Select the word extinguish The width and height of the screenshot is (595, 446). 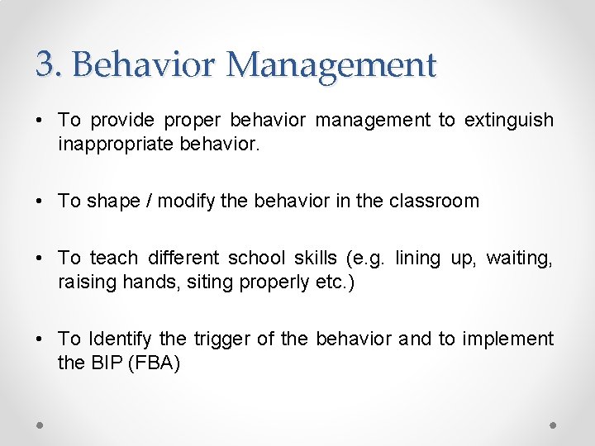click(x=508, y=121)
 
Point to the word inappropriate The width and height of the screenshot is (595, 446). click(x=116, y=144)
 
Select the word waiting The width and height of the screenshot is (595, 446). click(x=520, y=258)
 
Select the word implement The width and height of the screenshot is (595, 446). click(x=507, y=339)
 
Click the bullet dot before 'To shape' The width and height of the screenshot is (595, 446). click(x=40, y=202)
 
